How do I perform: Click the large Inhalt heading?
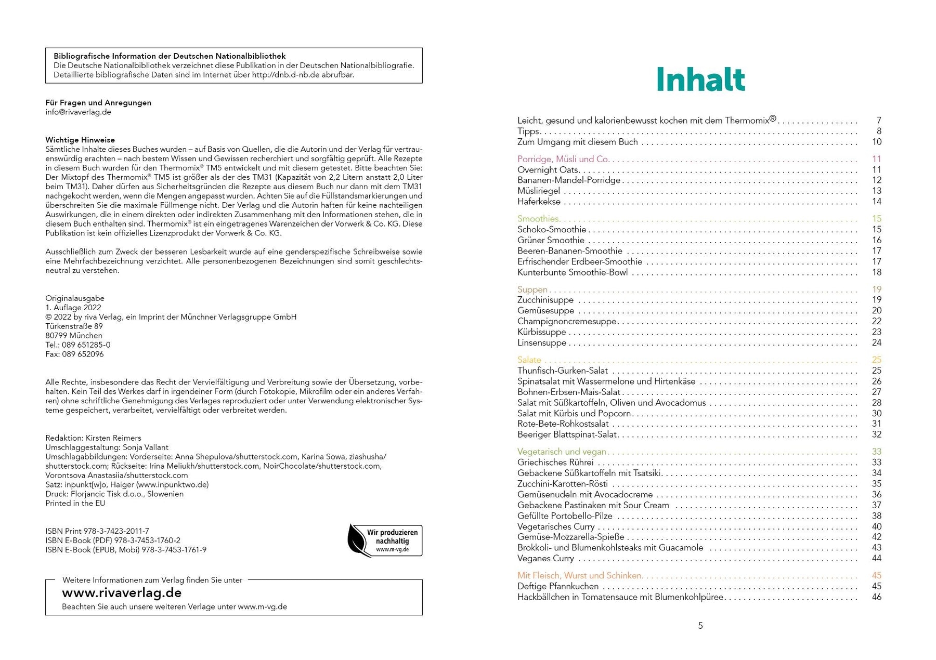click(700, 80)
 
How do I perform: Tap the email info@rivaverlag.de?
click(78, 112)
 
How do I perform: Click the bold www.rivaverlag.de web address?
click(122, 593)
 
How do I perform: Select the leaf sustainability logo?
click(385, 540)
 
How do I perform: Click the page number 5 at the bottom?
click(700, 626)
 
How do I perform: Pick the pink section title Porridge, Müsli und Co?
click(563, 159)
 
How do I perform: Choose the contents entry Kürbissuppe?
click(541, 332)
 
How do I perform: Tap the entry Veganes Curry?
click(545, 559)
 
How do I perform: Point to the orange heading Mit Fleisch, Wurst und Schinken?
click(580, 576)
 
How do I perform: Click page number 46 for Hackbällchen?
click(876, 597)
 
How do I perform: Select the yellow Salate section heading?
click(529, 360)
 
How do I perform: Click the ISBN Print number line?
click(97, 531)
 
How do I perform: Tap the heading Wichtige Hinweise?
click(80, 140)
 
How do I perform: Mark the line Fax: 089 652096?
click(74, 354)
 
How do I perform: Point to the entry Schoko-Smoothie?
click(552, 230)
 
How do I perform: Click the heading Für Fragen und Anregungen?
click(98, 103)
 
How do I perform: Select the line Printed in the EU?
click(75, 504)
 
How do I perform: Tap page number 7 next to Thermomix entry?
click(878, 121)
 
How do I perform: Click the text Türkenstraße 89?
click(74, 326)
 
